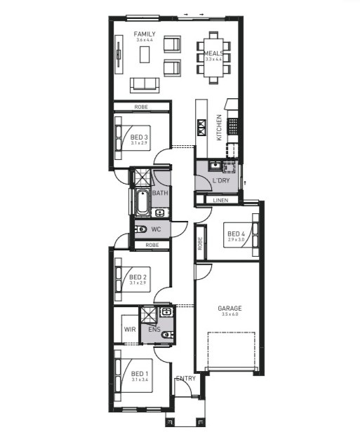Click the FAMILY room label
(145, 34)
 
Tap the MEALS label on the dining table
(213, 53)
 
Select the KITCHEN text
(219, 127)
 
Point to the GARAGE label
(229, 308)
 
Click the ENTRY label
(186, 378)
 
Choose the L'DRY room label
(221, 180)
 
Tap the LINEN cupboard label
(220, 201)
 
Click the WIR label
(130, 330)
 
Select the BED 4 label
(236, 234)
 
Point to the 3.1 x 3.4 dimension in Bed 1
(139, 379)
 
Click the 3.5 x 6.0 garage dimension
(229, 314)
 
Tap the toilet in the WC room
(140, 229)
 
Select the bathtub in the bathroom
(143, 202)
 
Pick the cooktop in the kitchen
(233, 126)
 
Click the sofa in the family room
(145, 85)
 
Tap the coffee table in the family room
(145, 55)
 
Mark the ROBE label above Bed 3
(141, 107)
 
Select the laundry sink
(215, 165)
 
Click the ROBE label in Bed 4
(200, 243)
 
